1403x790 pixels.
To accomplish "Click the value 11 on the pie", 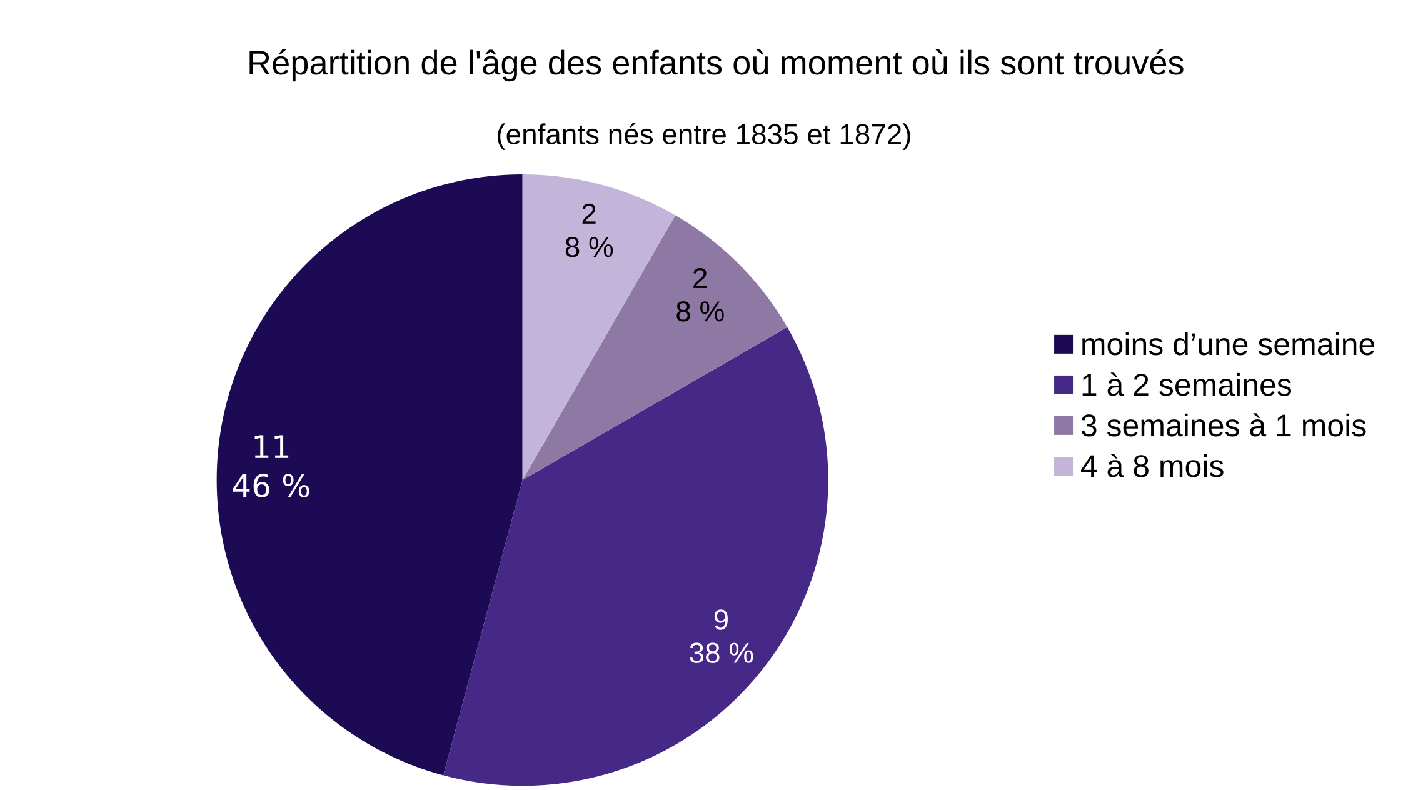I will pos(271,447).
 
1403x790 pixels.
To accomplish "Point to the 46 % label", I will pos(271,486).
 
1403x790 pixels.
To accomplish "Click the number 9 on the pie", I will pos(721,620).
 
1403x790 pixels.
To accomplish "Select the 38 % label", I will pos(721,654).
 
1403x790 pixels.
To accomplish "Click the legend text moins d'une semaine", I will pos(1227,344).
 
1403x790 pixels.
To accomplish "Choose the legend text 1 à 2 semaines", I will pos(1185,385).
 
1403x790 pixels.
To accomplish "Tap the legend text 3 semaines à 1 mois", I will pos(1223,426).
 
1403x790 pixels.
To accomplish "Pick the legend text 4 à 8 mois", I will pos(1152,466).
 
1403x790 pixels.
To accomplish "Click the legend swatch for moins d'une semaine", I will pos(1063,344).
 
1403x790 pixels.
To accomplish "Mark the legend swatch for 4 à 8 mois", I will pos(1063,466).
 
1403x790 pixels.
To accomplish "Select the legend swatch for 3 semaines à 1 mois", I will pos(1063,426).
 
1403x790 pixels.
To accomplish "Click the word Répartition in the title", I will pos(328,64).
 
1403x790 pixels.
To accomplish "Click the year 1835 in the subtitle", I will pos(767,135).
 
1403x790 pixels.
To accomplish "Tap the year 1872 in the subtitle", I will pos(870,135).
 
